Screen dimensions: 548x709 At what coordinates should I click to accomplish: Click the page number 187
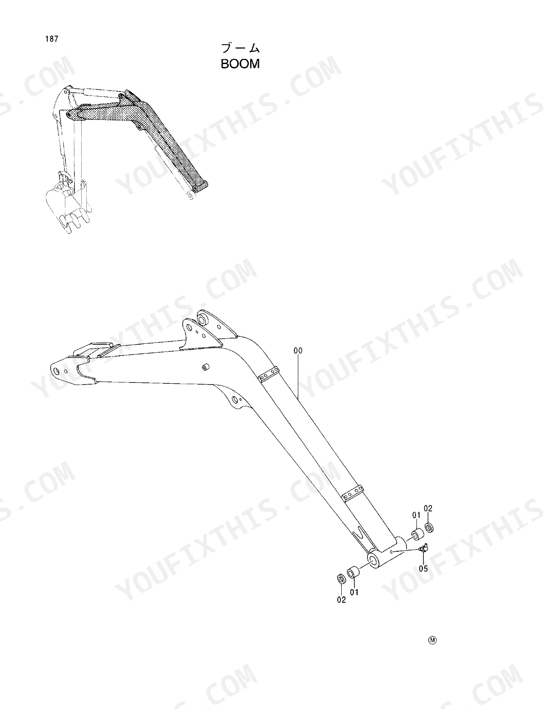(x=52, y=39)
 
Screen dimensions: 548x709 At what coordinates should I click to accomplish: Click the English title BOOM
(x=240, y=64)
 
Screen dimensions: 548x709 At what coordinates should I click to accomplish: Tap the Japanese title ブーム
(x=241, y=48)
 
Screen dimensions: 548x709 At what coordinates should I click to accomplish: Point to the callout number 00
(x=298, y=351)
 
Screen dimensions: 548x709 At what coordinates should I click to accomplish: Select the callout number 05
(x=423, y=568)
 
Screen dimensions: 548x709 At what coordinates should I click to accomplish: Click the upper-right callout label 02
(x=428, y=508)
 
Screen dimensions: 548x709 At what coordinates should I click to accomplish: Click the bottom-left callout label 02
(x=341, y=600)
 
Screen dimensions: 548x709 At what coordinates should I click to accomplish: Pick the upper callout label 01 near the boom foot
(x=416, y=515)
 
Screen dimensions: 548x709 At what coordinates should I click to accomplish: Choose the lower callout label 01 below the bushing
(x=355, y=592)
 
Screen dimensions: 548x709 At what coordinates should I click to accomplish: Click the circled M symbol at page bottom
(x=432, y=640)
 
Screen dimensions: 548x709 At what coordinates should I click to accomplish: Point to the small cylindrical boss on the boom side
(x=206, y=367)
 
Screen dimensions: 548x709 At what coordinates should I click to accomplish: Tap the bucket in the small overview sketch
(x=68, y=205)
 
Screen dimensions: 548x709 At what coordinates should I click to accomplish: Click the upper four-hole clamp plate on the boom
(x=269, y=373)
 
